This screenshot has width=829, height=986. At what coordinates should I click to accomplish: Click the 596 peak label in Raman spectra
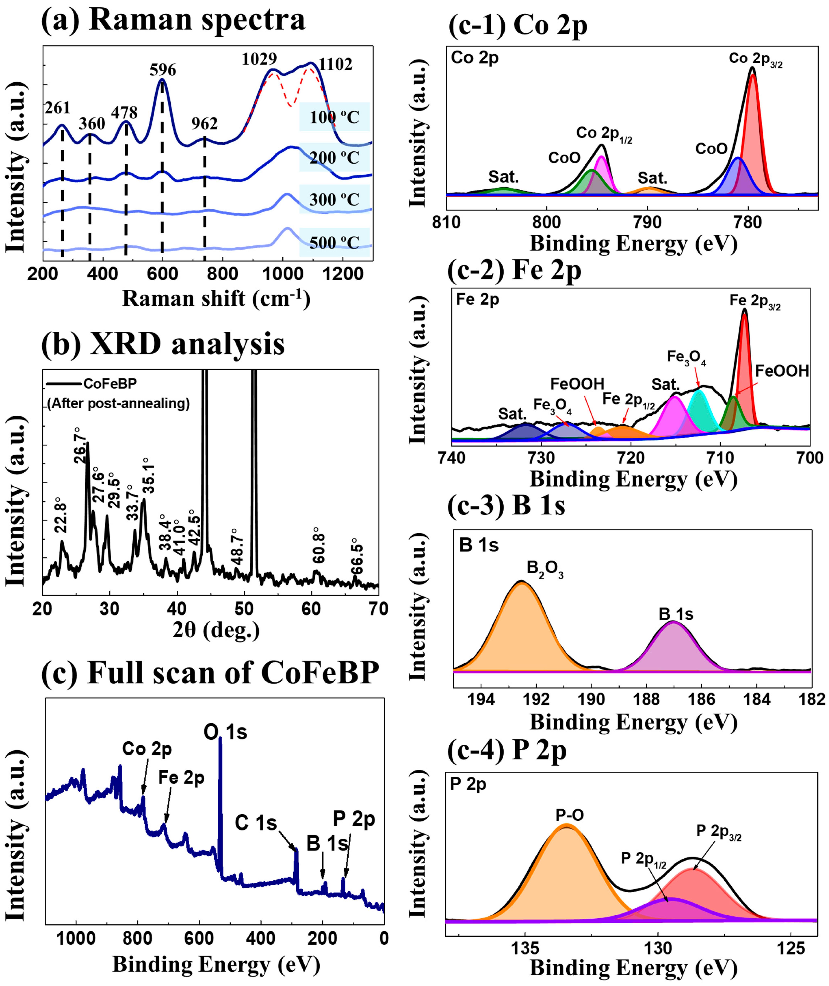coord(163,70)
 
